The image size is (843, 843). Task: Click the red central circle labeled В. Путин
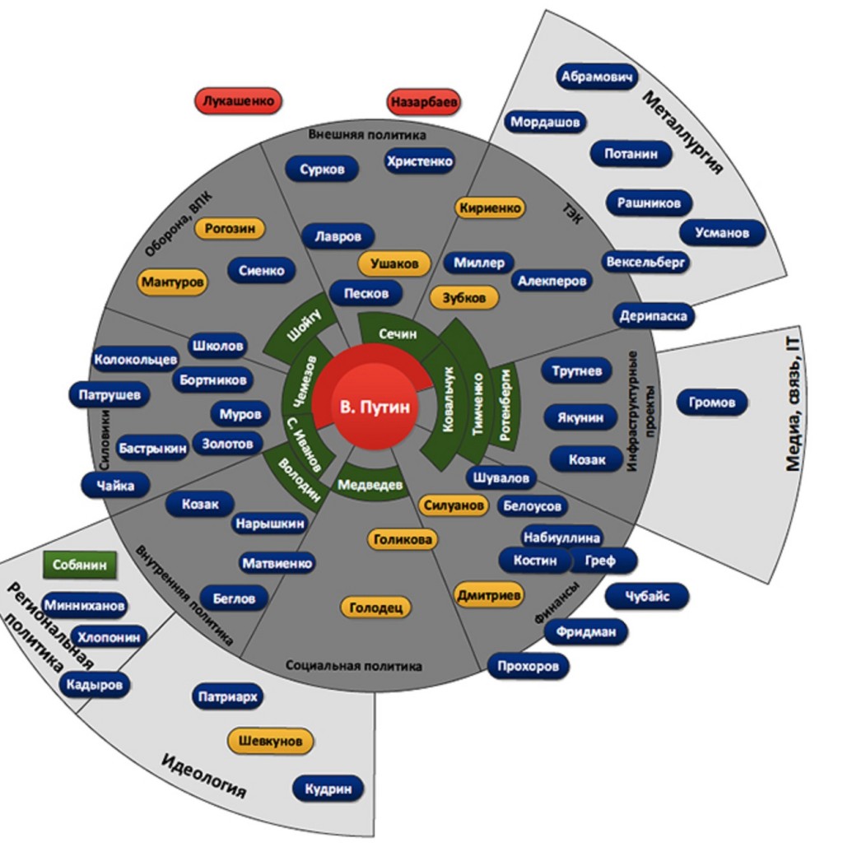coord(374,406)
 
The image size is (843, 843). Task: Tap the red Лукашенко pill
coord(239,101)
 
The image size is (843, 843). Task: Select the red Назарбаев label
coord(424,103)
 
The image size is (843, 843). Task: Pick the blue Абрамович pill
coord(598,77)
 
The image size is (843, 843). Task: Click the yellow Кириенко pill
coord(491,208)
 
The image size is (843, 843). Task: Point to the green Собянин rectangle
coord(79,566)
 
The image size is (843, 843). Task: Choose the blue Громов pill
coord(712,403)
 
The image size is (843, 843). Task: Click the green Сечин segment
coord(398,333)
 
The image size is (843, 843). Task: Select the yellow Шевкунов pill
coord(271,741)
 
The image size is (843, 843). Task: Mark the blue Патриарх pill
coord(228,697)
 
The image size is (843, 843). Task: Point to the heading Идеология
coord(203,775)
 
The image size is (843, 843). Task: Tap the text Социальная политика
coord(354,665)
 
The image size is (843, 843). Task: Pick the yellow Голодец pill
coord(375,608)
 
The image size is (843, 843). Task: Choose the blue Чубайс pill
coord(647,596)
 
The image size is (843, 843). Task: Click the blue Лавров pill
coord(338,237)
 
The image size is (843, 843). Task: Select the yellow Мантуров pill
coord(173,282)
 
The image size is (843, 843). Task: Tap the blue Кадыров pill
coord(95,684)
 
